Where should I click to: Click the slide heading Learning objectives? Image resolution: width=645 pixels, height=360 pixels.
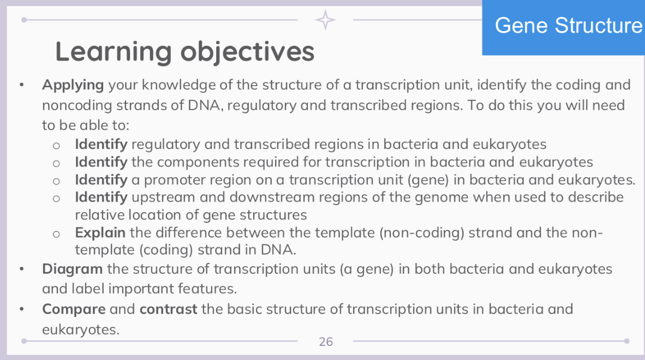pos(184,52)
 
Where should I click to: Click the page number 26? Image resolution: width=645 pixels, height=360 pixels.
pos(326,342)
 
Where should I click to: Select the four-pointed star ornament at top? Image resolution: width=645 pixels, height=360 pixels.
pos(326,20)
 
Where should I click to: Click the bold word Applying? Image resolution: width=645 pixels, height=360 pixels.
pos(73,85)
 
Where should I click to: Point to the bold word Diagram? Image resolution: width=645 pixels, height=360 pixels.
pos(72,269)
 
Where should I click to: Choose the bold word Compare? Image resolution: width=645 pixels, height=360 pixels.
pos(74,309)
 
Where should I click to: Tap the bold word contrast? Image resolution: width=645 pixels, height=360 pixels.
pos(168,309)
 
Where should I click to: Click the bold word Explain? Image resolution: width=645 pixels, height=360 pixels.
pos(100,233)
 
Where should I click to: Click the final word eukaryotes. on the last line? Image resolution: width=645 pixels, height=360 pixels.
pos(80,329)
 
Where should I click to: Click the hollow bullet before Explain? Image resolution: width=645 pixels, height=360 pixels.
pos(56,233)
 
